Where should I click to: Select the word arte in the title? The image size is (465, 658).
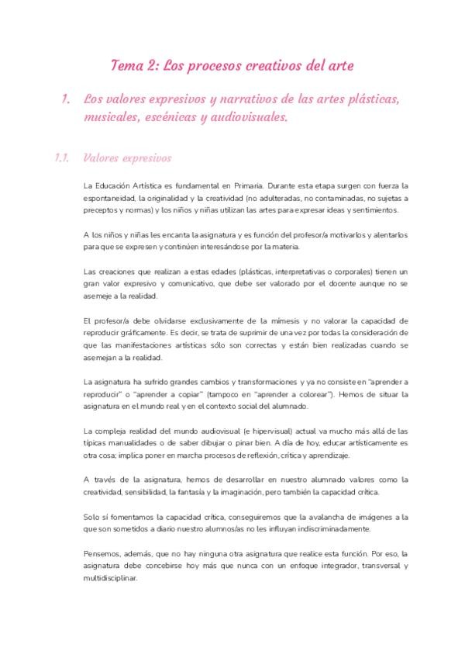[x=342, y=66]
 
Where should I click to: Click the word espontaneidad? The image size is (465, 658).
[x=110, y=199]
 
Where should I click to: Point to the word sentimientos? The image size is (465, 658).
[x=376, y=210]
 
